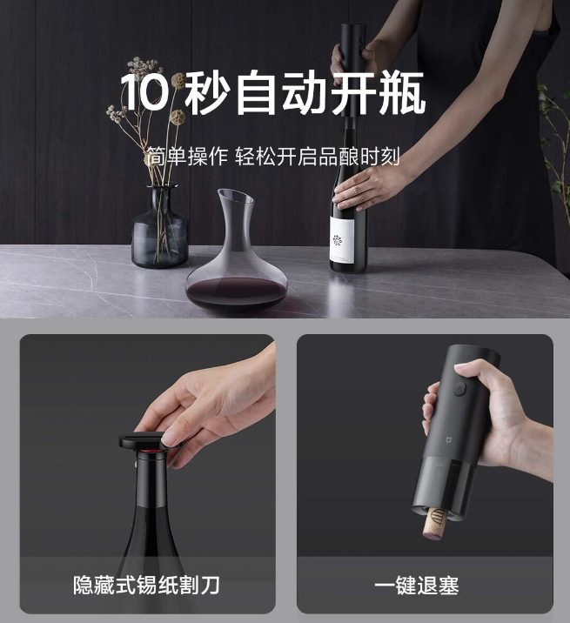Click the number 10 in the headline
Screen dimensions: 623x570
pos(143,94)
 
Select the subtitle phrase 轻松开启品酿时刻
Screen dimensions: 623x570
pos(318,157)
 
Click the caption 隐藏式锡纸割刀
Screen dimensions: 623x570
pos(146,585)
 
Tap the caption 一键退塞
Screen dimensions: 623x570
pos(416,585)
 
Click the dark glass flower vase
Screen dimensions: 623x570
pos(159,228)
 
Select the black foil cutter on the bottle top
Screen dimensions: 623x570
pos(148,443)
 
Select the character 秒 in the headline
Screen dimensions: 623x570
pos(206,94)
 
